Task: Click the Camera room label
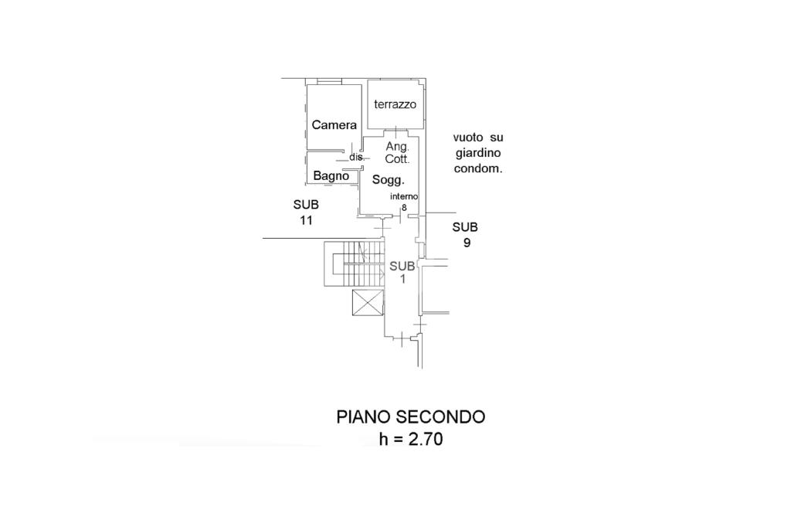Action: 334,124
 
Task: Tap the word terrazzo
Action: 395,104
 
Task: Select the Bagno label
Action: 331,175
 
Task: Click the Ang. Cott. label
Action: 398,152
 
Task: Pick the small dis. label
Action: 357,157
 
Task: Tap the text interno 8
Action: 404,202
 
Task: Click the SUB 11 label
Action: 306,212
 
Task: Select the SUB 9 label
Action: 465,235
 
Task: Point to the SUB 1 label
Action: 402,272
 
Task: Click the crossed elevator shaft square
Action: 368,302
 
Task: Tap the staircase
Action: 354,263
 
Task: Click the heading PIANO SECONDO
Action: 411,417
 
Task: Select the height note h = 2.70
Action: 411,439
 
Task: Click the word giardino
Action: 478,153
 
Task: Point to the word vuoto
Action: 468,138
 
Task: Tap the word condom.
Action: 478,168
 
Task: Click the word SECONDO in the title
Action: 440,417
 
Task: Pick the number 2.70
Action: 426,439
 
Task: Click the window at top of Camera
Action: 330,81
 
